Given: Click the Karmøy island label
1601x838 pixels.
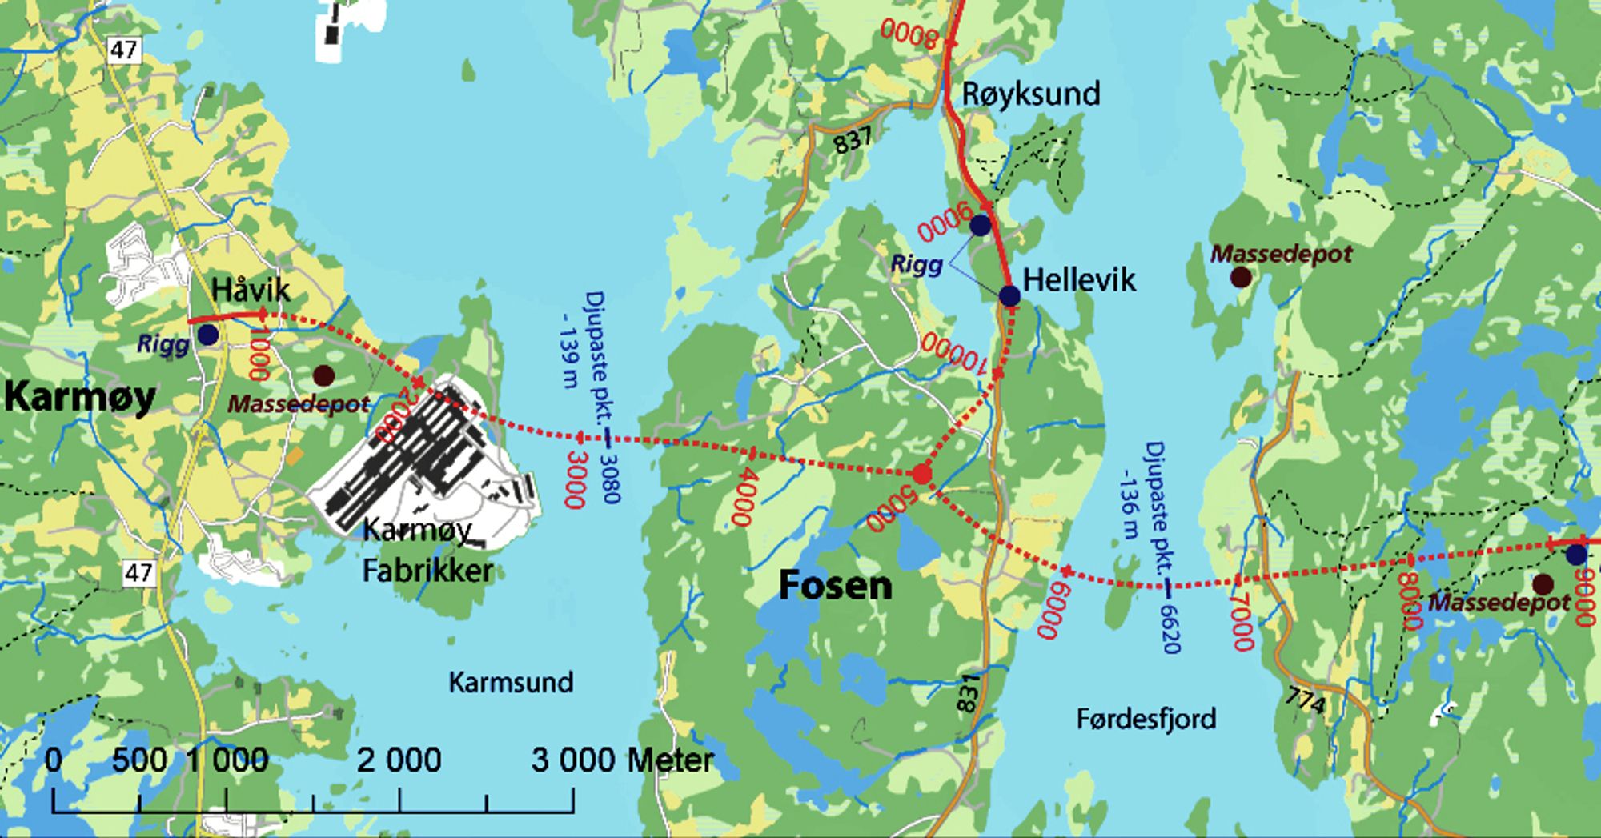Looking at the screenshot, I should pyautogui.click(x=79, y=396).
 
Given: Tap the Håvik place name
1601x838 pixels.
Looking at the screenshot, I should pyautogui.click(x=251, y=289).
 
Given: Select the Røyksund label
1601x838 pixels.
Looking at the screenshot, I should pyautogui.click(x=1030, y=94).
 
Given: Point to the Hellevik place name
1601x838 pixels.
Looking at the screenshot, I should pyautogui.click(x=1079, y=280).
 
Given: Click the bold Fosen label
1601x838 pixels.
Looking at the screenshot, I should pyautogui.click(x=835, y=586).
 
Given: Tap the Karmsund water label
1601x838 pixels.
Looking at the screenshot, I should pyautogui.click(x=511, y=682).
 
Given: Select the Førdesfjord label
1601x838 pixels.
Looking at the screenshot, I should pyautogui.click(x=1146, y=719).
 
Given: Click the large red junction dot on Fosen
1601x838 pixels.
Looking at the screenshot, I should pyautogui.click(x=922, y=475).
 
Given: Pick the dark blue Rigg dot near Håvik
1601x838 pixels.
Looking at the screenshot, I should pyautogui.click(x=208, y=335).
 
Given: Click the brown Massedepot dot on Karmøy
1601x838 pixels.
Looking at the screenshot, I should pyautogui.click(x=323, y=375).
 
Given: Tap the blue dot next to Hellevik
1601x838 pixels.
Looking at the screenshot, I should pyautogui.click(x=1009, y=296).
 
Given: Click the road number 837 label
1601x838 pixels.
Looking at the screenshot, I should pyautogui.click(x=852, y=140).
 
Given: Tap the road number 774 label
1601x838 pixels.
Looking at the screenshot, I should pyautogui.click(x=1306, y=702).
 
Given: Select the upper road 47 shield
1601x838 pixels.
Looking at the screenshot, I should pyautogui.click(x=123, y=50).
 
